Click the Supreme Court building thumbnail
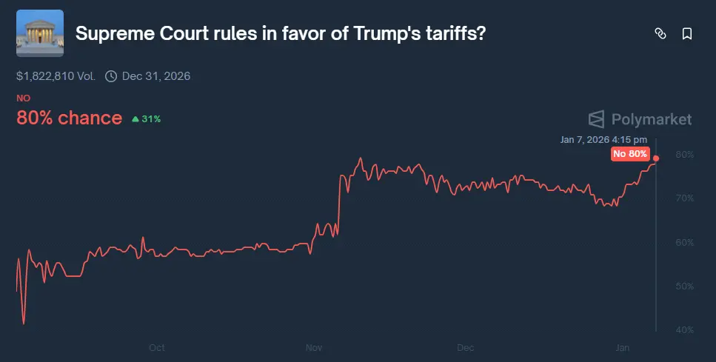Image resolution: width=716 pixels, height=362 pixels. (40, 33)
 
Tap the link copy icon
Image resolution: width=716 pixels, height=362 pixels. (660, 33)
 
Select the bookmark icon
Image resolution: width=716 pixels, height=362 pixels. (687, 33)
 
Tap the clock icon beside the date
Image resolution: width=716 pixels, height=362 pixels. (111, 76)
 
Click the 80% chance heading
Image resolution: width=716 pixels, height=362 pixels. (69, 118)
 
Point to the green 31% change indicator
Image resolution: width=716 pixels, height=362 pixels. (146, 118)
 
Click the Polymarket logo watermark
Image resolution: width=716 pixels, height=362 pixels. (640, 119)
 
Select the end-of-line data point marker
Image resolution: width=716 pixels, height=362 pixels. (656, 158)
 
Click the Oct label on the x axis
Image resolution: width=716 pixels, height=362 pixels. (156, 347)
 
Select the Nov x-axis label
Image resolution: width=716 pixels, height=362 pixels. (313, 347)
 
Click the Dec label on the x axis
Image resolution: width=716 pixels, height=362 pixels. (465, 347)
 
